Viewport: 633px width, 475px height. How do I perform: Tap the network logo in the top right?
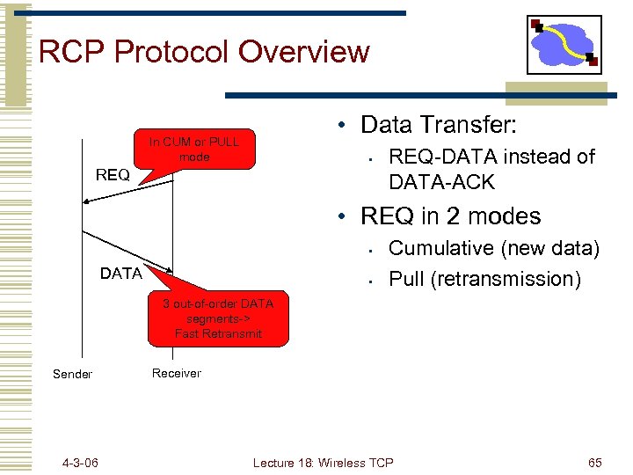pos(564,45)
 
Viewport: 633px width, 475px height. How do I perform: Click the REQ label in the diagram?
pos(113,175)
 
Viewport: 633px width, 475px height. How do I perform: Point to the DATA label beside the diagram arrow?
pos(121,274)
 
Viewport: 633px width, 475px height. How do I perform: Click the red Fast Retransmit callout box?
pos(218,318)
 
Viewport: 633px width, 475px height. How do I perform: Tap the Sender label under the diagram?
pos(72,374)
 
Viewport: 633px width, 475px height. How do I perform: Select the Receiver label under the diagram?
pos(176,373)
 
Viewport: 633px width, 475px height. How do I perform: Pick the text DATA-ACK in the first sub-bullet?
pos(442,182)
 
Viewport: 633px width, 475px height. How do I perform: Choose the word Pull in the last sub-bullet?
pos(406,279)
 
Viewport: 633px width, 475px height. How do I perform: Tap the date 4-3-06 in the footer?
pos(80,463)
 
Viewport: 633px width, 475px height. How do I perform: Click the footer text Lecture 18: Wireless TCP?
pos(323,463)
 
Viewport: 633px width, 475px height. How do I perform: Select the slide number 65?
pos(594,463)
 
